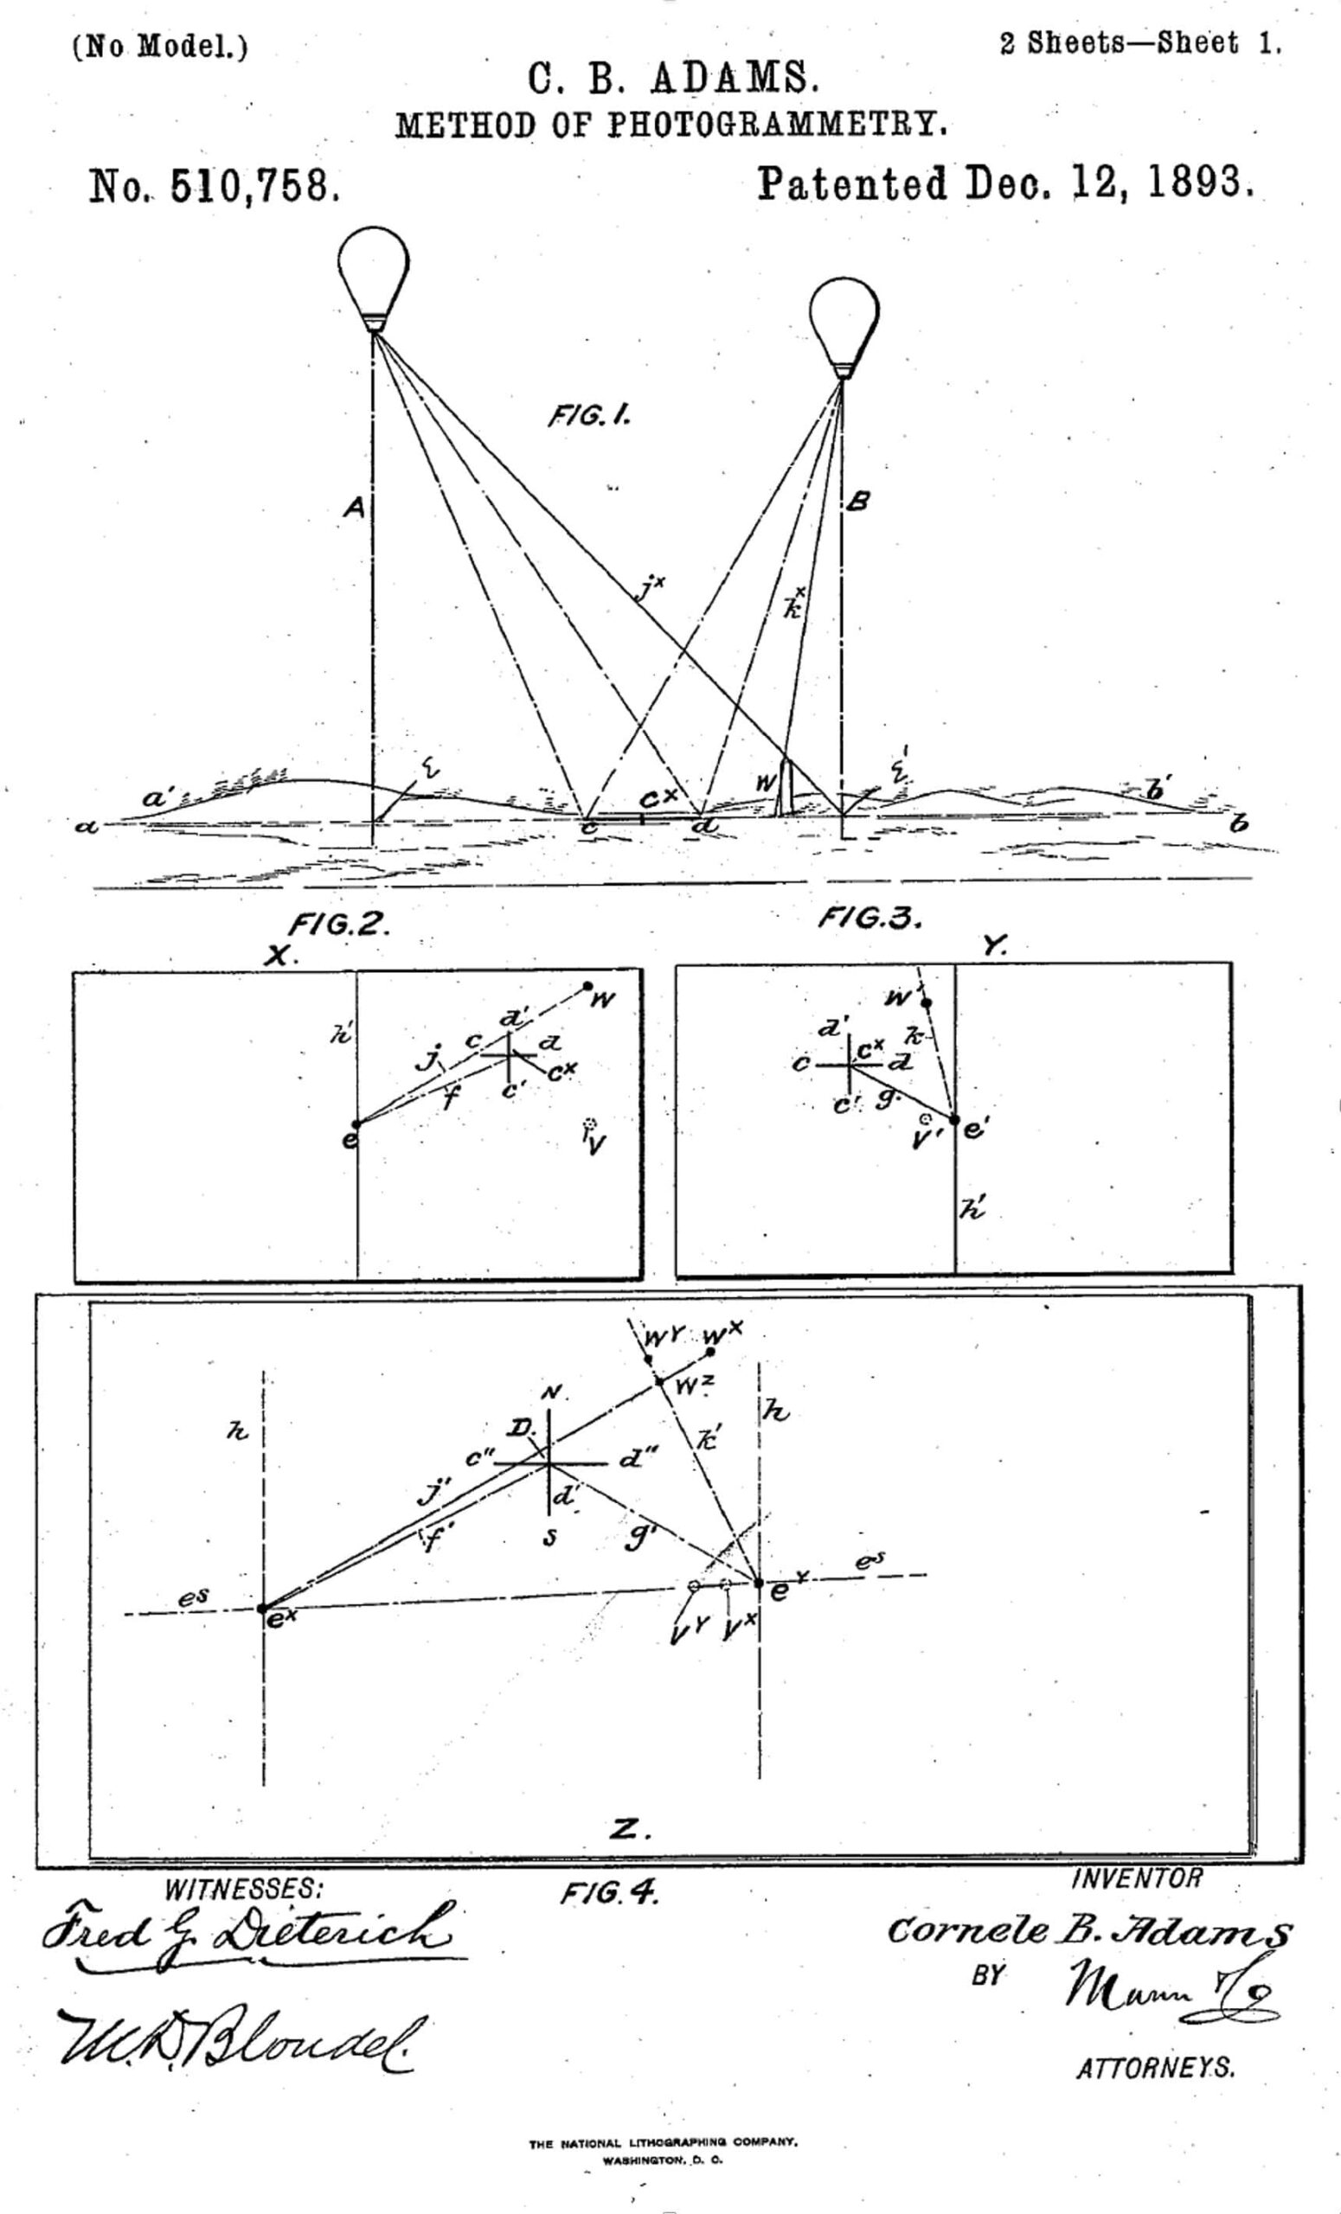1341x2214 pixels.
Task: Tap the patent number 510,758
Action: (x=254, y=186)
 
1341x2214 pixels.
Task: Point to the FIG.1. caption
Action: (x=588, y=416)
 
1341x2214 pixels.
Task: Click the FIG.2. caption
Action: (x=339, y=925)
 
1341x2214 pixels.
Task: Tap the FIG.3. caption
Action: (x=870, y=918)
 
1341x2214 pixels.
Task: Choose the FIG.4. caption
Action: (x=610, y=1894)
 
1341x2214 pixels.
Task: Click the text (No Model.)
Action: (x=159, y=46)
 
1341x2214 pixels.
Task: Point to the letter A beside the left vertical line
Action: (x=354, y=509)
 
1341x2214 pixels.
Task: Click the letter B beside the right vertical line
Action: (x=858, y=502)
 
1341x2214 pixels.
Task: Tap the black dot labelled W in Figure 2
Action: (x=587, y=986)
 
